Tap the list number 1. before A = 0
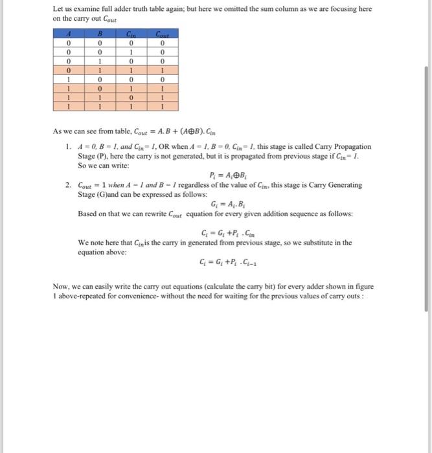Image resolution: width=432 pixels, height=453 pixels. [69, 147]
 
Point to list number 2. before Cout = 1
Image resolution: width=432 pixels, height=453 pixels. [69, 185]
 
